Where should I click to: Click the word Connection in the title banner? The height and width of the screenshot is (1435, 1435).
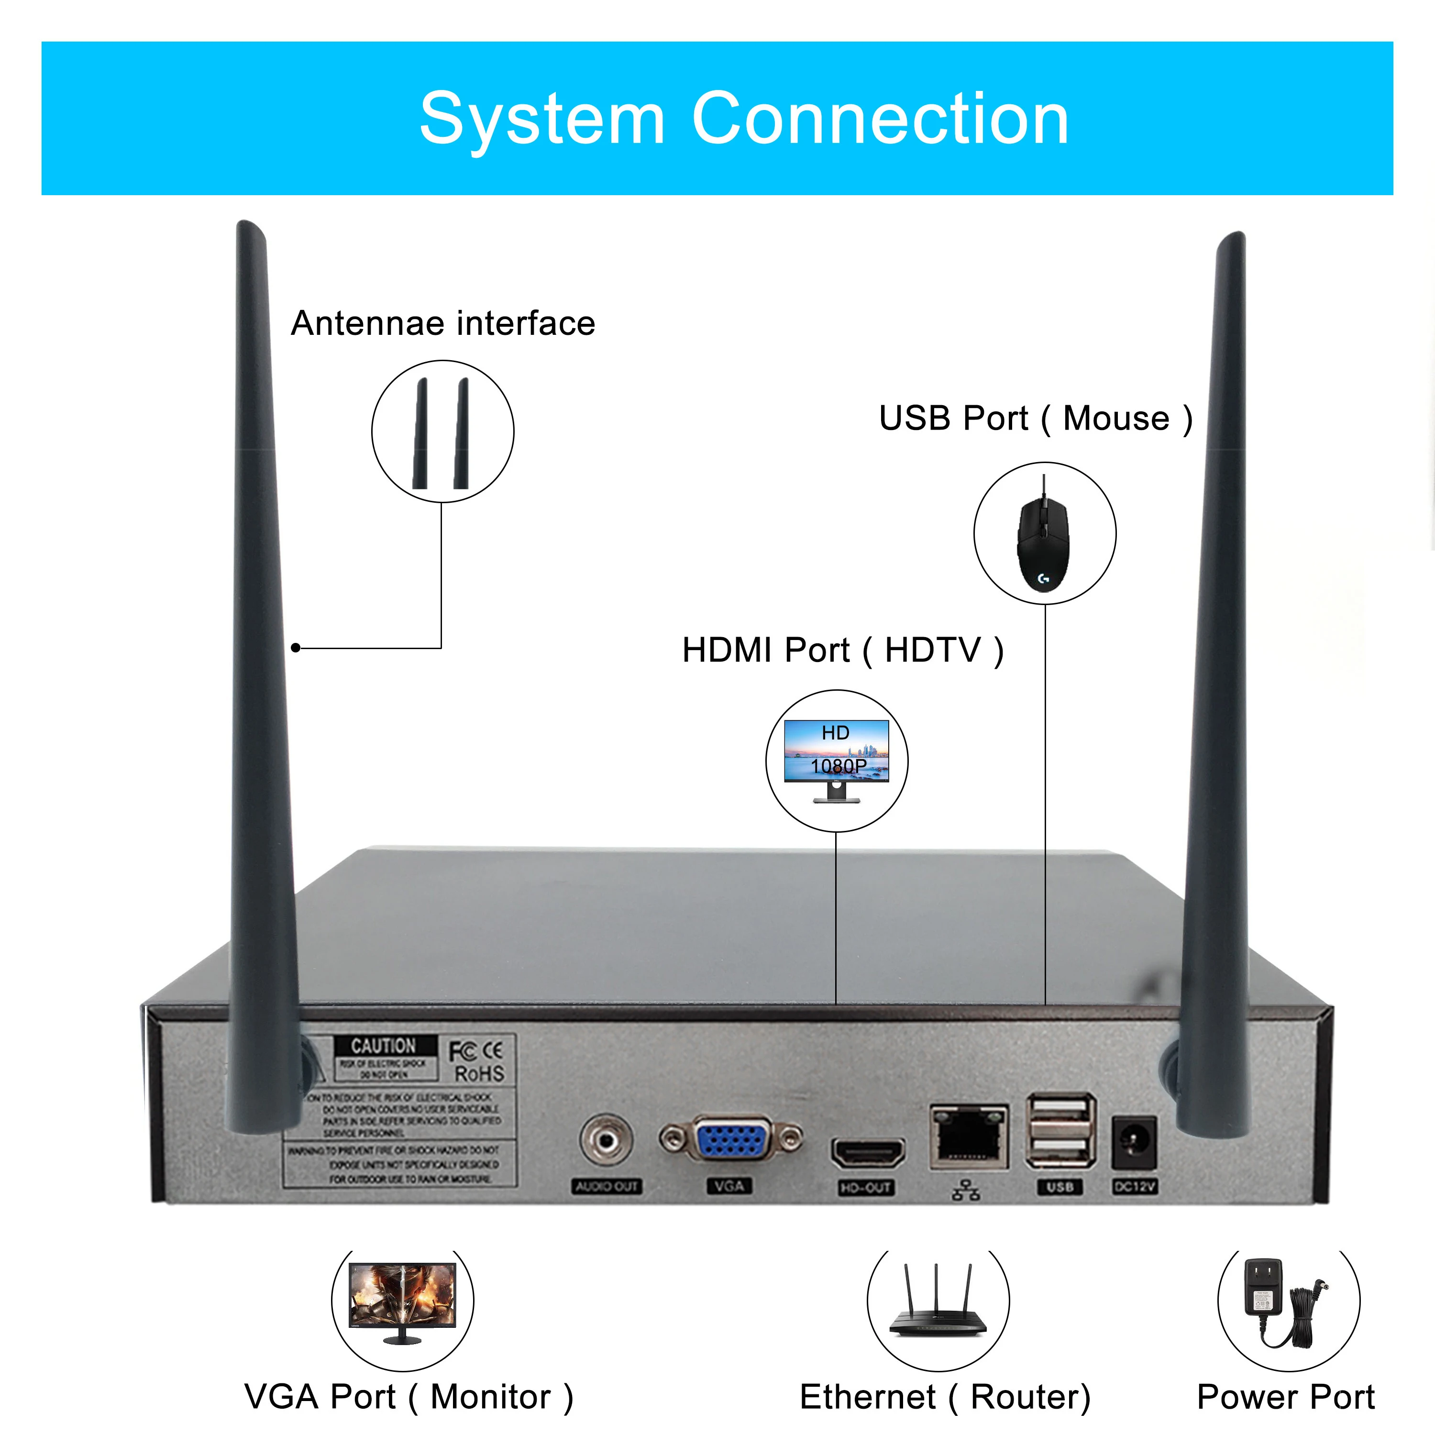[880, 119]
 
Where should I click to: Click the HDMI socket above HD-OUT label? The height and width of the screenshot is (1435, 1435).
[868, 1153]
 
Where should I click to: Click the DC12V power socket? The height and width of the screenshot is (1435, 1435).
[1134, 1142]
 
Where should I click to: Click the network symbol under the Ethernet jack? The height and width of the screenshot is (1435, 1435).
[966, 1190]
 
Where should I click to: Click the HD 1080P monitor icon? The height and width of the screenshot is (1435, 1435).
[836, 759]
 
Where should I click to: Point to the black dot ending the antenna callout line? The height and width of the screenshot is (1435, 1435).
[296, 648]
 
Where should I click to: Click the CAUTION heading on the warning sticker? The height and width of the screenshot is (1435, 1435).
[383, 1045]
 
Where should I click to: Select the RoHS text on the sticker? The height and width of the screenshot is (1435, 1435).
[479, 1073]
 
